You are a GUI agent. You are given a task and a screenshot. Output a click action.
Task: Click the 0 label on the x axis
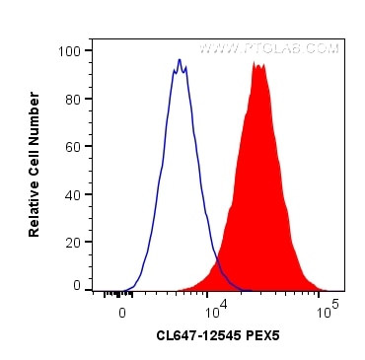pos(121,313)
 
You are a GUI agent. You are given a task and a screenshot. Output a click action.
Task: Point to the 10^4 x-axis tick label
pos(212,313)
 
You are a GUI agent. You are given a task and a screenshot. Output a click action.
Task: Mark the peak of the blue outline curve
pos(179,60)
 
